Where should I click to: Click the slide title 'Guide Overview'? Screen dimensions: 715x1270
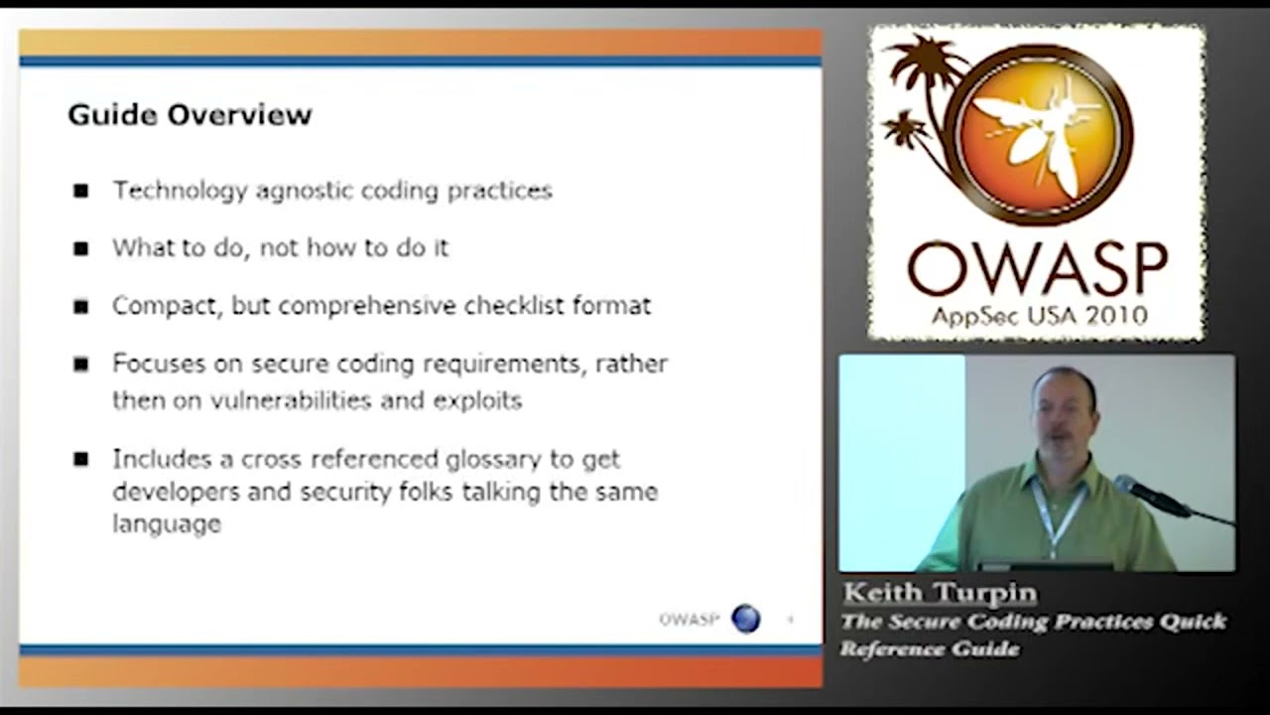[190, 114]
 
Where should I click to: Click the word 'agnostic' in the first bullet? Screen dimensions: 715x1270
[305, 191]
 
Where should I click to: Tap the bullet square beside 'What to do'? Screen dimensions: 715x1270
[80, 248]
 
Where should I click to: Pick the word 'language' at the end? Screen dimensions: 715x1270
[167, 523]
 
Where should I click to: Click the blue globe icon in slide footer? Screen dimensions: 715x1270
[745, 619]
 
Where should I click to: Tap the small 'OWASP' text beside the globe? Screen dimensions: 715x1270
[689, 619]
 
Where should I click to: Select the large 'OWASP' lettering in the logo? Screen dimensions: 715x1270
[1037, 268]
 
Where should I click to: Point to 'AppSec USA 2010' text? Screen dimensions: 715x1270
[1038, 316]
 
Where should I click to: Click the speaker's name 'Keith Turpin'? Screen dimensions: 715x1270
[940, 593]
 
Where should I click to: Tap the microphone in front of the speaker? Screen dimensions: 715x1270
[1152, 494]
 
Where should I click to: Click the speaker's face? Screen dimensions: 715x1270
[1062, 412]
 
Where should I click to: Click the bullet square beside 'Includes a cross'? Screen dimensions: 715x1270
[80, 459]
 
